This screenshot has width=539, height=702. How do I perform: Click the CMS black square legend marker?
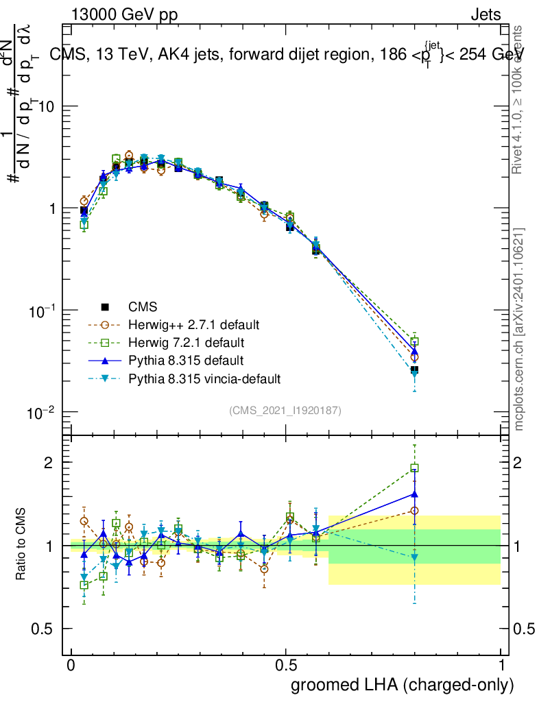[x=105, y=306]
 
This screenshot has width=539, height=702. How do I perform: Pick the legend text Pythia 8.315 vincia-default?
[x=204, y=378]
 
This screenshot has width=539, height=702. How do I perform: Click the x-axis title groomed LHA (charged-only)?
[x=403, y=685]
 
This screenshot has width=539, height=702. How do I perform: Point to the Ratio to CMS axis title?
[x=21, y=544]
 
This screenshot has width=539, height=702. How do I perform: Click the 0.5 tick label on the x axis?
[x=286, y=666]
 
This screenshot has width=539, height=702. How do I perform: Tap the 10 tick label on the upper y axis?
[x=46, y=107]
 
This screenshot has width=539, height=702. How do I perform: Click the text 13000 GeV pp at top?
[x=124, y=15]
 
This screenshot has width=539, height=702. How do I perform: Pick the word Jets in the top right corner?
[x=485, y=15]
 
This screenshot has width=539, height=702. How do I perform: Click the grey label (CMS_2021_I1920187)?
[x=285, y=410]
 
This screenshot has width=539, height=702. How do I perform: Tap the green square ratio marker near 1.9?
[x=414, y=468]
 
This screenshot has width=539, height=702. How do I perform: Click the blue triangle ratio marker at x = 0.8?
[x=414, y=494]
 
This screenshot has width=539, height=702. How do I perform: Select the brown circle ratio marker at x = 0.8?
[x=414, y=511]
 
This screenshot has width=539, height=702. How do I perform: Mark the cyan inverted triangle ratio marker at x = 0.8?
[x=414, y=557]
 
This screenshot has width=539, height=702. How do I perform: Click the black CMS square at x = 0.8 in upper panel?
[x=414, y=370]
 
